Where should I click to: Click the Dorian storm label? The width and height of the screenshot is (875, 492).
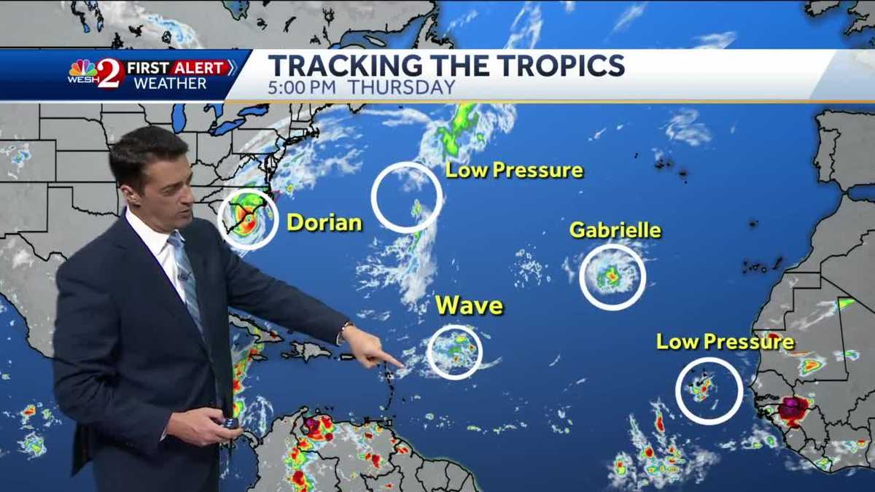pyautogui.click(x=324, y=222)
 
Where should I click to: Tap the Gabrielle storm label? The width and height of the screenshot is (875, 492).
pyautogui.click(x=615, y=230)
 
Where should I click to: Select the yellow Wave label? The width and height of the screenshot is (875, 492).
pyautogui.click(x=470, y=305)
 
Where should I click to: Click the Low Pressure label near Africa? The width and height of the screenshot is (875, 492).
pyautogui.click(x=725, y=341)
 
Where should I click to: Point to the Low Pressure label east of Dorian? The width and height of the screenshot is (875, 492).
pyautogui.click(x=514, y=171)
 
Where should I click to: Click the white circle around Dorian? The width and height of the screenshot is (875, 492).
pyautogui.click(x=248, y=219)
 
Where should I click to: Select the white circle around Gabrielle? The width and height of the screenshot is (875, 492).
pyautogui.click(x=612, y=277)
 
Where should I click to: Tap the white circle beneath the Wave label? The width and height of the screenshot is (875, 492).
pyautogui.click(x=454, y=352)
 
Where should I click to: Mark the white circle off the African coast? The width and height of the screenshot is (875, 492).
pyautogui.click(x=709, y=391)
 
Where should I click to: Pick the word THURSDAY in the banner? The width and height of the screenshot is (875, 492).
pyautogui.click(x=401, y=87)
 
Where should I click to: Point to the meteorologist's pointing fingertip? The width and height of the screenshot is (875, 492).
pyautogui.click(x=400, y=362)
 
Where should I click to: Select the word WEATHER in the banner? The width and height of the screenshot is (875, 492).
pyautogui.click(x=170, y=83)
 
